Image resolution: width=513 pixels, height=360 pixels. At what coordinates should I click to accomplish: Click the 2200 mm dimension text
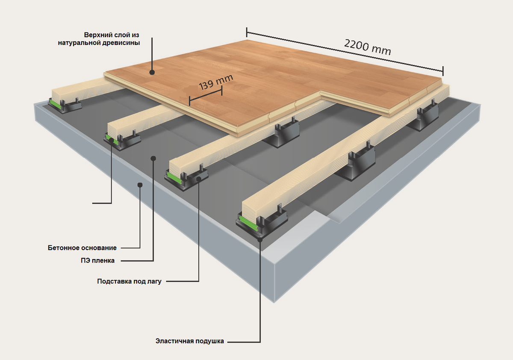pos(367,47)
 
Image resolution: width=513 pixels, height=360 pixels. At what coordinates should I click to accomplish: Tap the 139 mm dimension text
pos(216,81)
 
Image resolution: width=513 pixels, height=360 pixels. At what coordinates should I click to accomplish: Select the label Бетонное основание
pos(83,248)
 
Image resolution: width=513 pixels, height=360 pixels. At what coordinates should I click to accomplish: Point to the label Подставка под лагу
pos(129,282)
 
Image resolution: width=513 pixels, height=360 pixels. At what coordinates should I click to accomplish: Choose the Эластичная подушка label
pos(189,342)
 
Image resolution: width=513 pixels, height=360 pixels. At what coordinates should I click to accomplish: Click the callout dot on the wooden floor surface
pos(152,73)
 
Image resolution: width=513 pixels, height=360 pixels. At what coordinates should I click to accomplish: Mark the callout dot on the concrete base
pos(139,184)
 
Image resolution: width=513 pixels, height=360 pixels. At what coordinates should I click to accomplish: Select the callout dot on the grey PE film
pos(153,158)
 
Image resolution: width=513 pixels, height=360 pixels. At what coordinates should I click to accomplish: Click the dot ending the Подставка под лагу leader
pos(198,180)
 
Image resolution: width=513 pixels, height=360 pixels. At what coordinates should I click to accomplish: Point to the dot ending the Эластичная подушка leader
pos(260,239)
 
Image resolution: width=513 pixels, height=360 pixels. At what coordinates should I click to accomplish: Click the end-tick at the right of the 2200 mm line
pos(443,71)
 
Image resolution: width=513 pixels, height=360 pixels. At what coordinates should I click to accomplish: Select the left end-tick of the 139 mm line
pos(190,100)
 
